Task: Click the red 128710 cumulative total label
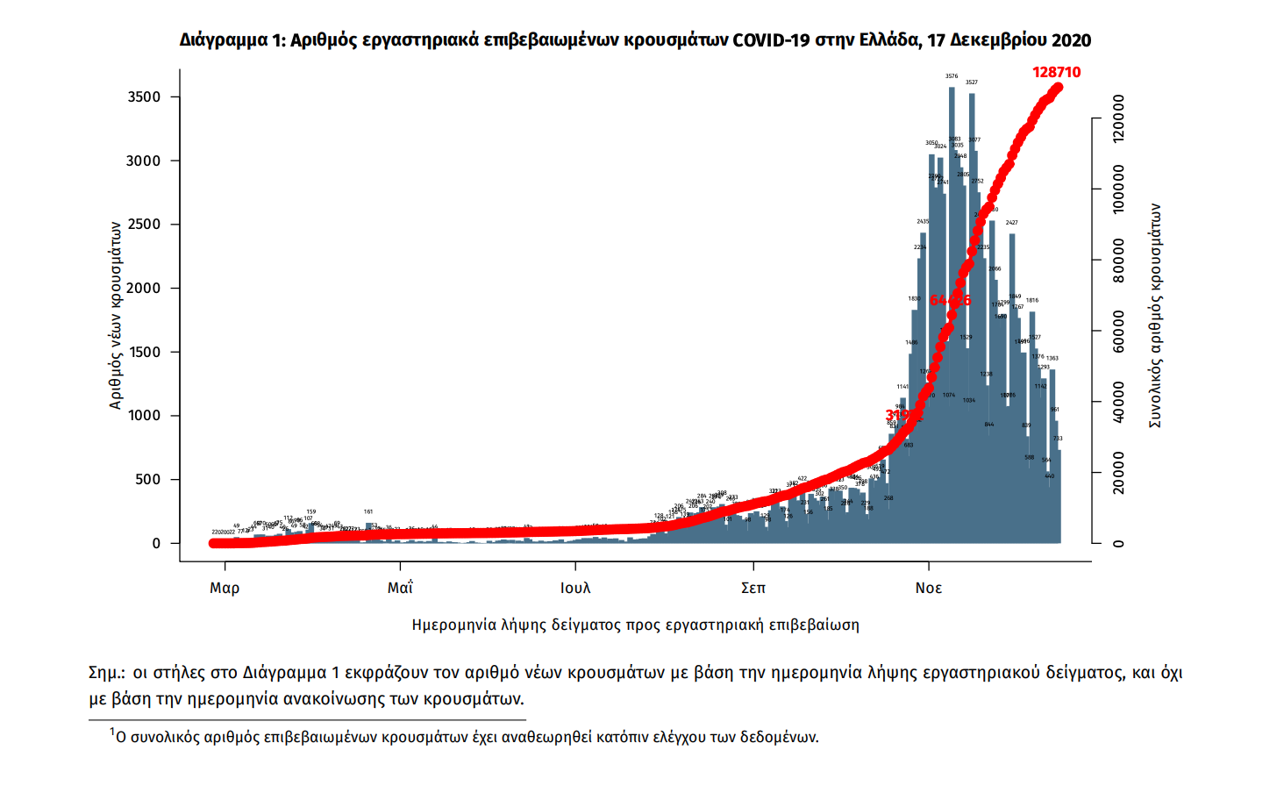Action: point(1056,72)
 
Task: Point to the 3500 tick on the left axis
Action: point(145,97)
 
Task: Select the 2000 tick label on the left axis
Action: point(145,289)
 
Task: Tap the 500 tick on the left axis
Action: point(148,480)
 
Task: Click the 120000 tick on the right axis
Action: point(1118,118)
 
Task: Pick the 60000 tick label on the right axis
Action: point(1118,332)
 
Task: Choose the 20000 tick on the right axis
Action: point(1118,474)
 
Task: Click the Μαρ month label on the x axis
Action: point(225,588)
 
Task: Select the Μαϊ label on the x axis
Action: point(400,588)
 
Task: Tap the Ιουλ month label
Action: point(575,588)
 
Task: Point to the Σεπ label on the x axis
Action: point(753,588)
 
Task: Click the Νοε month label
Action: point(928,588)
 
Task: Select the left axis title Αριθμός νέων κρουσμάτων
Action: point(116,315)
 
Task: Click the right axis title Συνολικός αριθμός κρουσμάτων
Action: point(1155,316)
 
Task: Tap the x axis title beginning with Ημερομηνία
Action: point(635,625)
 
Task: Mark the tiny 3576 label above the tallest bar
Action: point(952,76)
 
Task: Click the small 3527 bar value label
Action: point(972,82)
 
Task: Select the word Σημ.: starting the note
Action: point(107,673)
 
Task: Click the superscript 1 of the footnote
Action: point(112,732)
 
